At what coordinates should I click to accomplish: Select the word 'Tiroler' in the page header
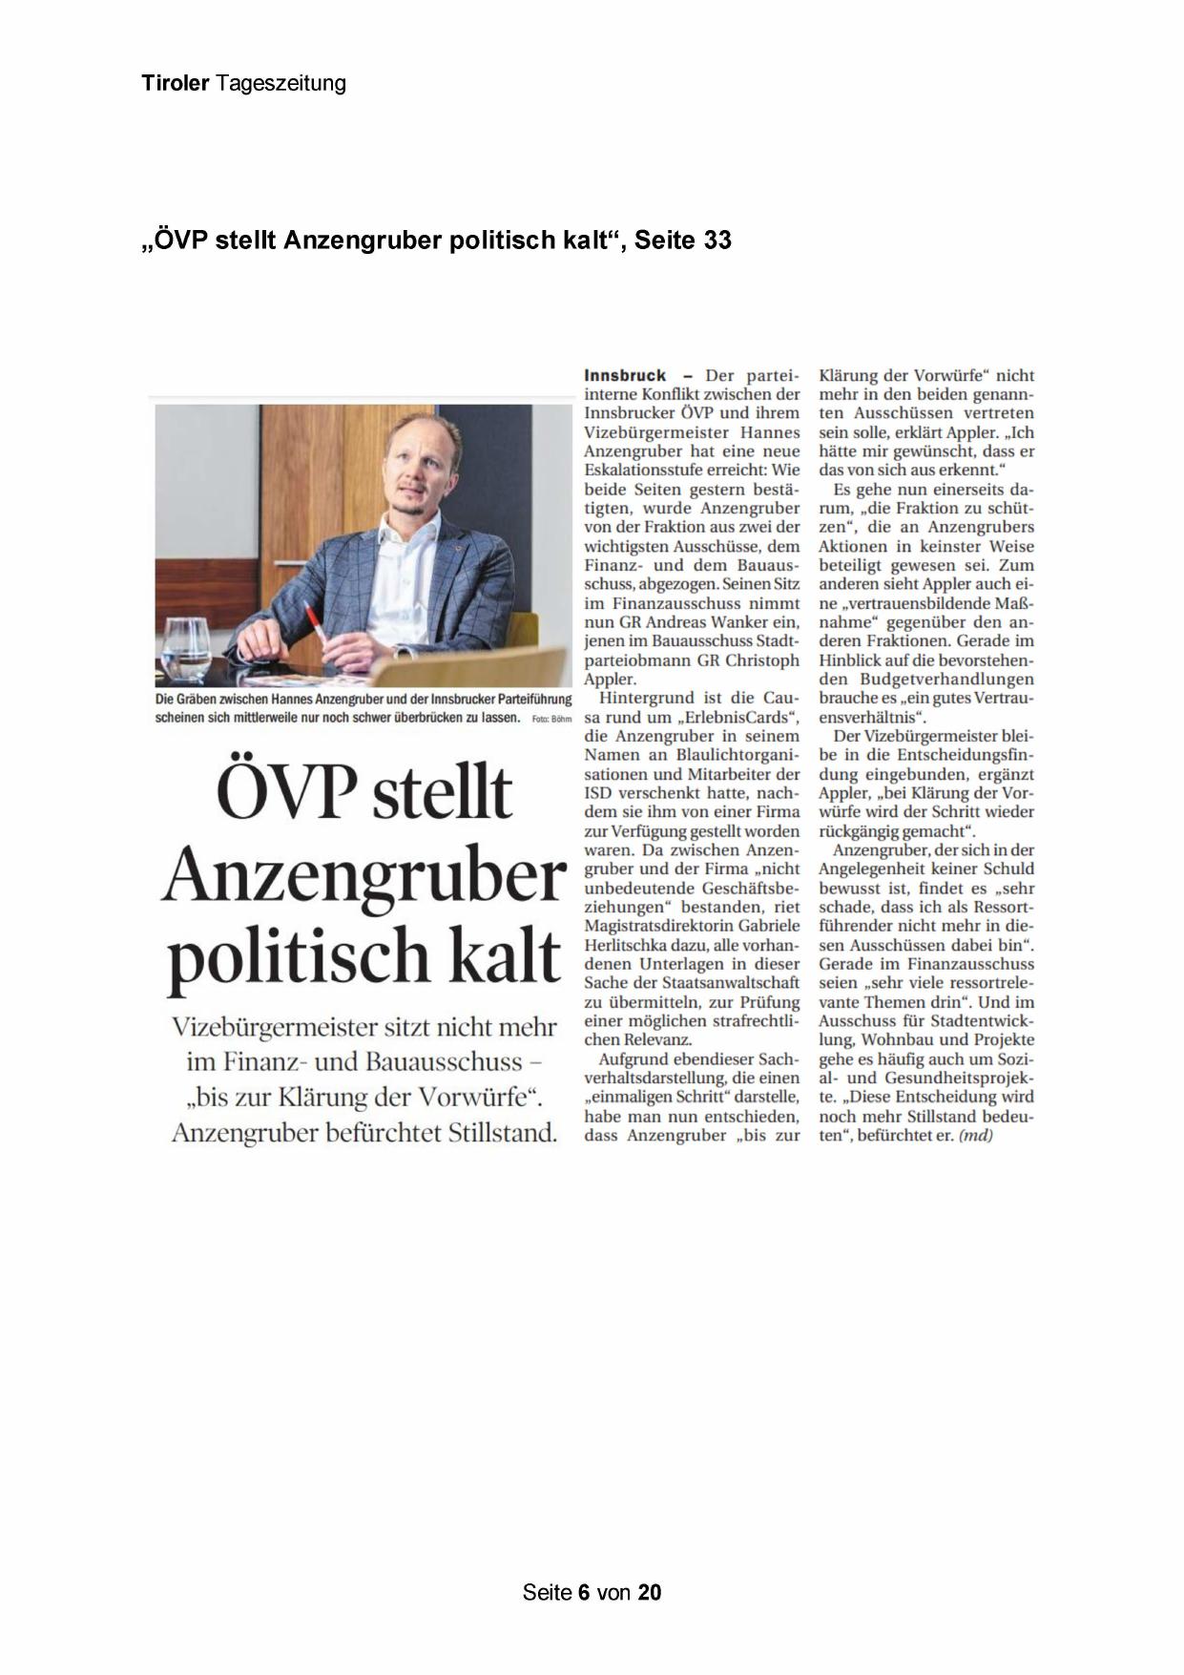pos(176,84)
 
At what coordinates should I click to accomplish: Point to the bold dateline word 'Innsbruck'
pos(625,375)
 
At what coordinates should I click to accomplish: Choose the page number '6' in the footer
pos(583,1592)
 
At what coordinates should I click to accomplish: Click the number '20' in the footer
pos(649,1592)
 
